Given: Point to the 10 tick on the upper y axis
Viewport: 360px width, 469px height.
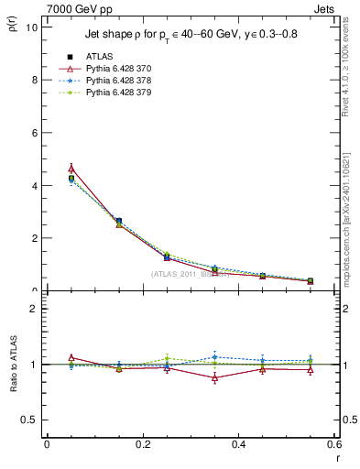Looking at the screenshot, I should click(30, 27).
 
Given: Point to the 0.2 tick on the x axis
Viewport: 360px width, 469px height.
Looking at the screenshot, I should click(142, 444).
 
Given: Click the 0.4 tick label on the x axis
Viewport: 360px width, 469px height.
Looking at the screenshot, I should click(238, 444).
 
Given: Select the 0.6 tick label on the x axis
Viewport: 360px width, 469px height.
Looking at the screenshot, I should click(333, 444).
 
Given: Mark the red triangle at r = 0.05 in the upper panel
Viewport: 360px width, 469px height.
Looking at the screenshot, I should click(71, 169).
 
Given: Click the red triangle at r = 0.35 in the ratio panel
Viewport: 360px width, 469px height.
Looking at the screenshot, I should click(214, 377).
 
